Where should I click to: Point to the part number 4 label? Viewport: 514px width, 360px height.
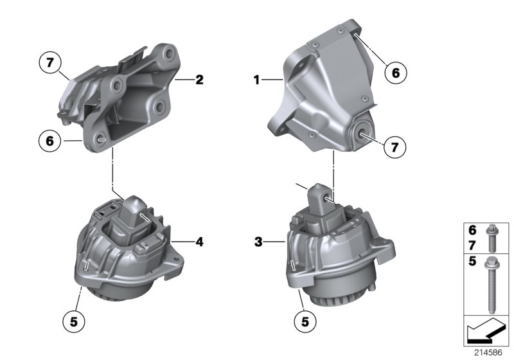coord(199,242)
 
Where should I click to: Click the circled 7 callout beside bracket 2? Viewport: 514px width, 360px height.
coord(51,64)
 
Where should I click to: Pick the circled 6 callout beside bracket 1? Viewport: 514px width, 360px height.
coord(395,73)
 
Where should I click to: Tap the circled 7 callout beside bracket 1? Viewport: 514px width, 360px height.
coord(395,147)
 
